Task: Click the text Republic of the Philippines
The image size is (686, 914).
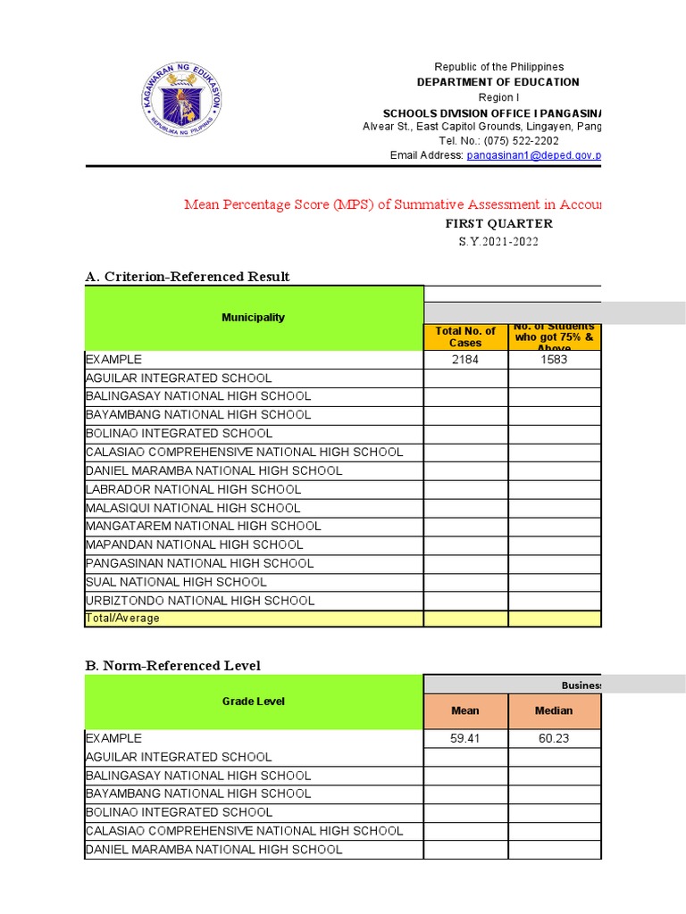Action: click(x=498, y=68)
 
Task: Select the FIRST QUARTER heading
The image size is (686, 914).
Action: click(x=498, y=224)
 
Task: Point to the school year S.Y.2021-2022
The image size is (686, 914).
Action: click(x=498, y=242)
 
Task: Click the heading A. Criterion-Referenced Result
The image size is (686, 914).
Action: click(x=187, y=277)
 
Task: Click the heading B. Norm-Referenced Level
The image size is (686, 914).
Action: click(x=172, y=665)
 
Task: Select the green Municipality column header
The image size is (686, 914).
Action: click(x=254, y=318)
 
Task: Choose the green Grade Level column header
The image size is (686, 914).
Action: click(x=254, y=702)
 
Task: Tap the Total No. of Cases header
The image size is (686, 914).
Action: click(x=465, y=337)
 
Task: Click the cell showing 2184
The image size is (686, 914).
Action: click(x=465, y=359)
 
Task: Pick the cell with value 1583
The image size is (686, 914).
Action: click(x=554, y=359)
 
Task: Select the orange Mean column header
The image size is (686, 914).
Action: click(x=465, y=711)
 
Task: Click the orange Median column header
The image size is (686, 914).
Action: click(x=554, y=711)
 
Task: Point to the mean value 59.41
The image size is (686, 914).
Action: click(x=465, y=738)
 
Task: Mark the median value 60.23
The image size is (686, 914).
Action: click(x=554, y=738)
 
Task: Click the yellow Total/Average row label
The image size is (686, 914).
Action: click(x=122, y=619)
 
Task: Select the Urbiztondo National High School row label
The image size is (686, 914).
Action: click(x=200, y=601)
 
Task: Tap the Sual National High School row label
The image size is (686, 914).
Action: click(x=176, y=582)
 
